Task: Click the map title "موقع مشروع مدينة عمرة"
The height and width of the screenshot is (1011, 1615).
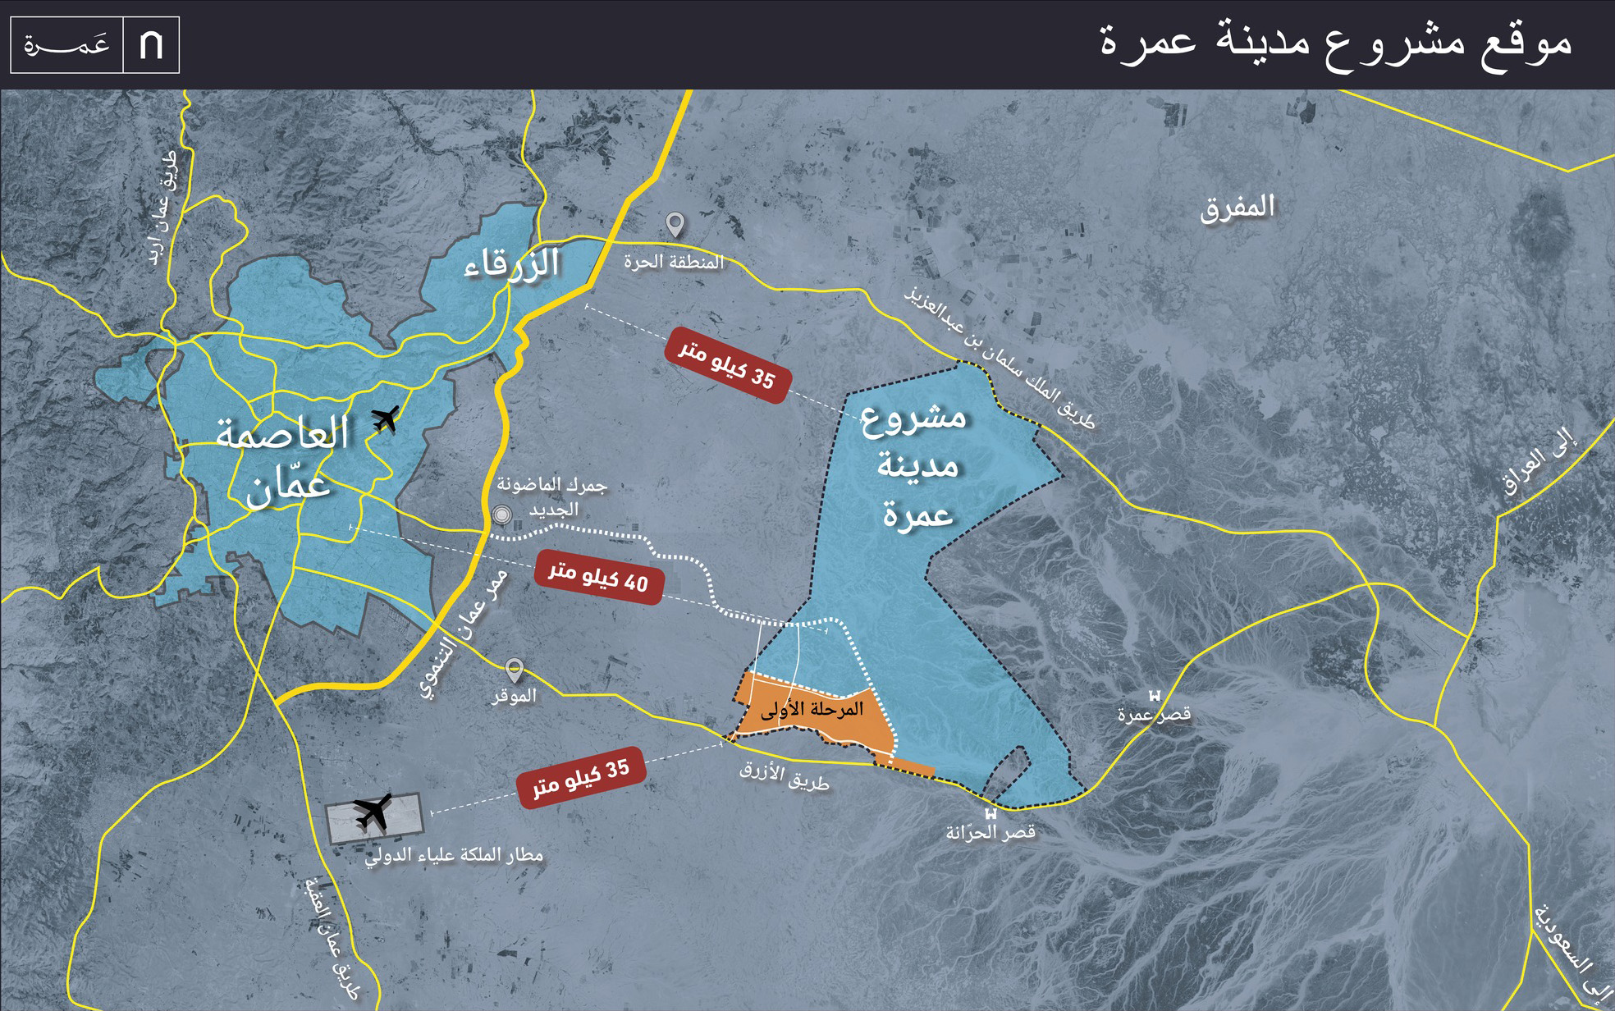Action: coord(1335,43)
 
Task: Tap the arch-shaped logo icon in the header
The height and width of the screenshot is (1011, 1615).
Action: coord(151,45)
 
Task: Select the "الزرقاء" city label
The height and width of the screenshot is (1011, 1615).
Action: coord(512,264)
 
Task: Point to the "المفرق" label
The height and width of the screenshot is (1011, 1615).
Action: coord(1238,207)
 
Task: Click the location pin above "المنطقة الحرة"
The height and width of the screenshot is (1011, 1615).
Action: coord(675,224)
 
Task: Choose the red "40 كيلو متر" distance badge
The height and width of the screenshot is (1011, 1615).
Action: coord(598,578)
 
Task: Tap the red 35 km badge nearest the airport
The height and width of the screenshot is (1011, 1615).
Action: coord(581,776)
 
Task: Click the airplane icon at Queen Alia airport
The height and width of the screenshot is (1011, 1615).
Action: coord(374,812)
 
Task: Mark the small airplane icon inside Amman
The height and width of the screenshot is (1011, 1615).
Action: coord(385,418)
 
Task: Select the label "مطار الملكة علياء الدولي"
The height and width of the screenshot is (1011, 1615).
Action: coord(454,855)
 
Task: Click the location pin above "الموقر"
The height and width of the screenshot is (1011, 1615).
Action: coord(514,670)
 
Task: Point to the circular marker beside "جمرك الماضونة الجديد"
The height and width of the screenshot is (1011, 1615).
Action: coord(501,515)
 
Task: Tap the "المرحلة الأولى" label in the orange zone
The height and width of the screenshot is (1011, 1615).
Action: coord(812,709)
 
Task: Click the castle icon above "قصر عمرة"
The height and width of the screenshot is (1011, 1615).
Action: coord(1155,696)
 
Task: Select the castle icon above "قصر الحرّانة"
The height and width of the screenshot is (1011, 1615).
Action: coord(991,814)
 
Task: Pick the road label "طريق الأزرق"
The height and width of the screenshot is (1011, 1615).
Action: coord(784,775)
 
